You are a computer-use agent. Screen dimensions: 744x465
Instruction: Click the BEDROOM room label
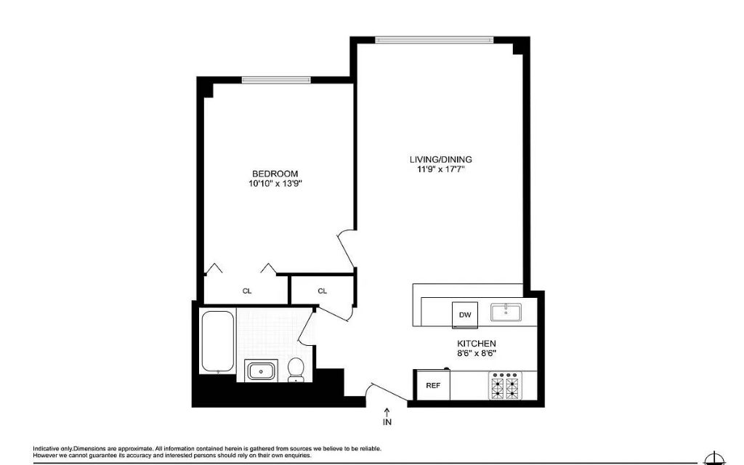pyautogui.click(x=275, y=174)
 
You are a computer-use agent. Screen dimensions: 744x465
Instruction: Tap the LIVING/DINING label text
pyautogui.click(x=441, y=159)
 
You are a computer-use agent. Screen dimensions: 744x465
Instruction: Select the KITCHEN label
pyautogui.click(x=477, y=344)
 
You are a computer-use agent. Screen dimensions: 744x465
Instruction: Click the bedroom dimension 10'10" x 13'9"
pyautogui.click(x=275, y=184)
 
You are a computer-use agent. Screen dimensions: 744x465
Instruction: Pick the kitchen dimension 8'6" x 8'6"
pyautogui.click(x=477, y=353)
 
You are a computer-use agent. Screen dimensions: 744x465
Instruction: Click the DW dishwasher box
pyautogui.click(x=464, y=315)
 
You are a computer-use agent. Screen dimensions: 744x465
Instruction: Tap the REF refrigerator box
pyautogui.click(x=433, y=385)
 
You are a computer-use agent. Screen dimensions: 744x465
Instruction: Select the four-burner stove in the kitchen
pyautogui.click(x=505, y=386)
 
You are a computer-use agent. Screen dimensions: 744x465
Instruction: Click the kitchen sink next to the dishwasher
pyautogui.click(x=506, y=312)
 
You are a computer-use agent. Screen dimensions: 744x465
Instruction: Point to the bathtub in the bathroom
pyautogui.click(x=218, y=341)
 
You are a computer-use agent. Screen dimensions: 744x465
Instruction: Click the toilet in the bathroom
pyautogui.click(x=296, y=370)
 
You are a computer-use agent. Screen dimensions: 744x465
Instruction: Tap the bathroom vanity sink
pyautogui.click(x=260, y=370)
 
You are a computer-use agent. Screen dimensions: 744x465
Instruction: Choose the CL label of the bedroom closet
pyautogui.click(x=247, y=291)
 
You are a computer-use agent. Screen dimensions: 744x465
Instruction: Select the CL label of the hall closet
pyautogui.click(x=322, y=291)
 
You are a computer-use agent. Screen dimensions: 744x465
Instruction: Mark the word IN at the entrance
pyautogui.click(x=387, y=421)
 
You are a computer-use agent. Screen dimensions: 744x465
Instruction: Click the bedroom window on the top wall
pyautogui.click(x=276, y=80)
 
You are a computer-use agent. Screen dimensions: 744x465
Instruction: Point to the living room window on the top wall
pyautogui.click(x=434, y=40)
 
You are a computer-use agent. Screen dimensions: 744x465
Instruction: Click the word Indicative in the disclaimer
pyautogui.click(x=46, y=448)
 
